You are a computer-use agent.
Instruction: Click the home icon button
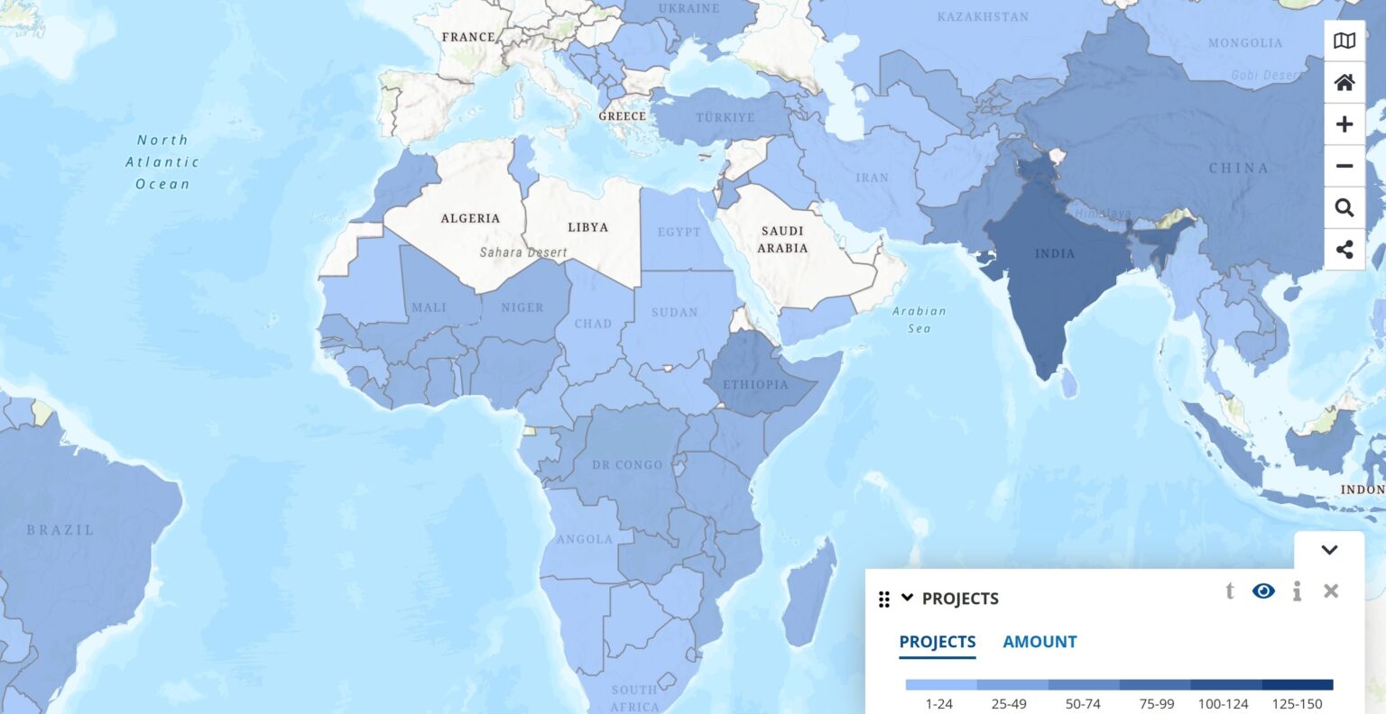point(1344,83)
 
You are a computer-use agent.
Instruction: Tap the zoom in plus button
point(1344,124)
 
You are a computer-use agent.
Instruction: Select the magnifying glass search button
point(1344,208)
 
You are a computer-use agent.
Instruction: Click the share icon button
point(1344,250)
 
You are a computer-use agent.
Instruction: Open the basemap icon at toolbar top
point(1344,41)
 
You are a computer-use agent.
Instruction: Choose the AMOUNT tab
point(1039,642)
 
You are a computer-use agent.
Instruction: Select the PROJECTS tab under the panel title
point(938,642)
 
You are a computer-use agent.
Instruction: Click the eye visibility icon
point(1263,591)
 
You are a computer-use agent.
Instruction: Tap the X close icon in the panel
point(1330,591)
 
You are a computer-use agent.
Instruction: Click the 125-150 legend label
point(1297,704)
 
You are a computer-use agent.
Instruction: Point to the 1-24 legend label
point(939,704)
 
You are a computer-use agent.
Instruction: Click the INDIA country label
point(1054,253)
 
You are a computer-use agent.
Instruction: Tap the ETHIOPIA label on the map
point(755,385)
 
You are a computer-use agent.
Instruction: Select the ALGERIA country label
point(470,218)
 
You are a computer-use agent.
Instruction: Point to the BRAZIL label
point(60,530)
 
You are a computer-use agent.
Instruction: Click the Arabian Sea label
point(919,319)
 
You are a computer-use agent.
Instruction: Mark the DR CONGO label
point(627,465)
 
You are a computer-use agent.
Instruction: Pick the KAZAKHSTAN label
point(983,17)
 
